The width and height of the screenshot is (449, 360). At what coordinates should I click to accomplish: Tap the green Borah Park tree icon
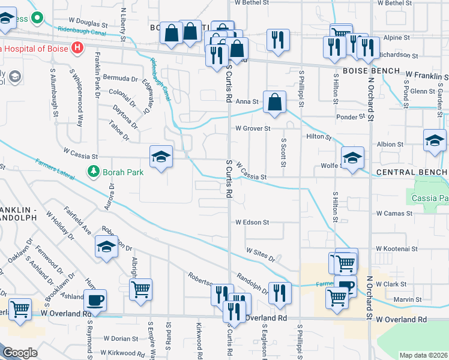93,172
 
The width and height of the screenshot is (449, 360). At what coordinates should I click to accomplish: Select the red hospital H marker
77,48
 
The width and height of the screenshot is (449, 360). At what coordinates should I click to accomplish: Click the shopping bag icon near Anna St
274,102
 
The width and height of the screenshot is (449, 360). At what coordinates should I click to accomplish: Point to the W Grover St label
253,128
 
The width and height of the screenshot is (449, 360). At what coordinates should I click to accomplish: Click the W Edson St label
252,222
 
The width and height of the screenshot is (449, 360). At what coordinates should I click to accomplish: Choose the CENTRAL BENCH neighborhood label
411,173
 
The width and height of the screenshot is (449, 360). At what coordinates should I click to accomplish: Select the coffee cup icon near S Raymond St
95,299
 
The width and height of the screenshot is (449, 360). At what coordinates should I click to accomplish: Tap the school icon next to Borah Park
161,157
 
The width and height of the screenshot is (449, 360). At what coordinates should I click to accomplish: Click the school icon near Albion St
435,141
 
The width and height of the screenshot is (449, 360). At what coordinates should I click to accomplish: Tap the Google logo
20,353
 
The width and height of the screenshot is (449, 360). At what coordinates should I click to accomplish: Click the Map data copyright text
423,355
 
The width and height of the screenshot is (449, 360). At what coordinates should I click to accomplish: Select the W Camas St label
394,213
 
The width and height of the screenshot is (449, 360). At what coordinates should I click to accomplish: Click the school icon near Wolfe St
353,158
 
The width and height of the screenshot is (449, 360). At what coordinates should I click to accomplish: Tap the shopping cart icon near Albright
140,290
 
